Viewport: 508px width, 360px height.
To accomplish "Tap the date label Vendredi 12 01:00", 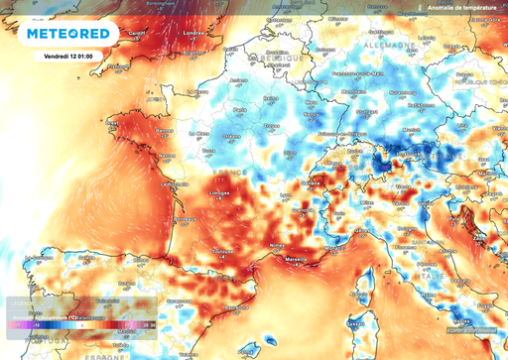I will point(68,57).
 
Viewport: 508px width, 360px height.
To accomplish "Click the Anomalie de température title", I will point(462,9).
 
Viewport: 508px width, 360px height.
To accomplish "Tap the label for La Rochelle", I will point(176,183).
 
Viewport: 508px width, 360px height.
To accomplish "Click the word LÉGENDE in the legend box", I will point(22,301).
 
